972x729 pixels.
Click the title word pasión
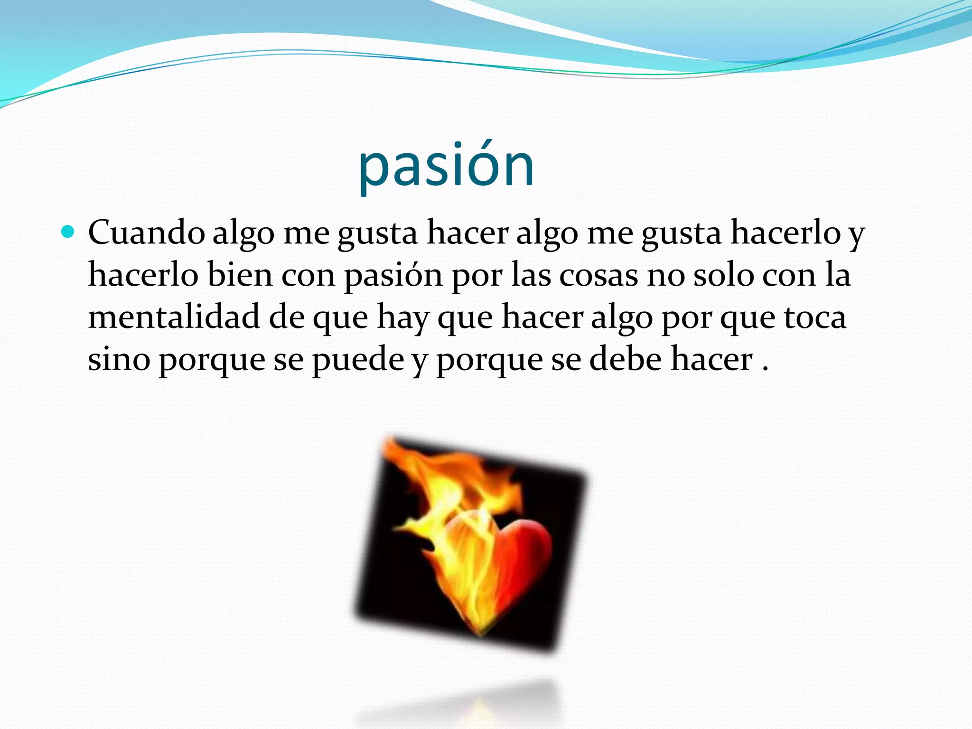pyautogui.click(x=446, y=166)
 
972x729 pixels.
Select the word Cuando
pyautogui.click(x=146, y=233)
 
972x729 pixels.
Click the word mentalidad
pyautogui.click(x=174, y=317)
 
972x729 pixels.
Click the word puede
pyautogui.click(x=357, y=360)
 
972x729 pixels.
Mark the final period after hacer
pyautogui.click(x=765, y=369)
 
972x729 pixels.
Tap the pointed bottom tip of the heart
pyautogui.click(x=480, y=634)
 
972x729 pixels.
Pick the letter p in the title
pyautogui.click(x=373, y=171)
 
